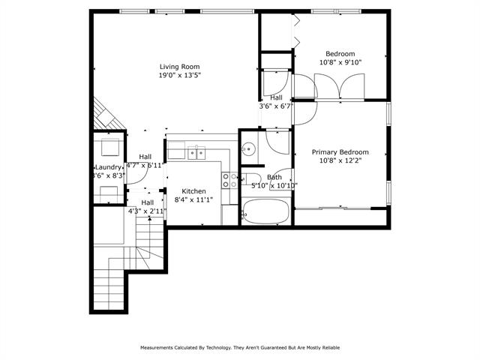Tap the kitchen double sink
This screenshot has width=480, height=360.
click(196, 153)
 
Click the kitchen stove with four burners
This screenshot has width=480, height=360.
click(229, 179)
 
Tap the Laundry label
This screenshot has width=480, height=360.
click(108, 167)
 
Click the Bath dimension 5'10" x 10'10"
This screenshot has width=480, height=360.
click(274, 185)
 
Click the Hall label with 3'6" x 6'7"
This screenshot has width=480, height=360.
click(276, 97)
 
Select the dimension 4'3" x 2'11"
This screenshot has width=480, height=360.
click(148, 211)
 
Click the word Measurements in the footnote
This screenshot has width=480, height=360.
click(159, 348)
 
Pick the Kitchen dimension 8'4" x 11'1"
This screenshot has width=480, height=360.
click(194, 199)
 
